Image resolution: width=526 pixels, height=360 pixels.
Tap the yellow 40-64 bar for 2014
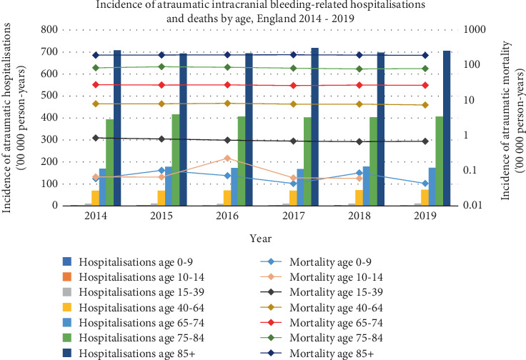pyautogui.click(x=95, y=198)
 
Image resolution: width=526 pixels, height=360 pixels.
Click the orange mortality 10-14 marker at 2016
pyautogui.click(x=227, y=158)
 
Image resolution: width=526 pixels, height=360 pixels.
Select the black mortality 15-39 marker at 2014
pyautogui.click(x=95, y=138)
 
